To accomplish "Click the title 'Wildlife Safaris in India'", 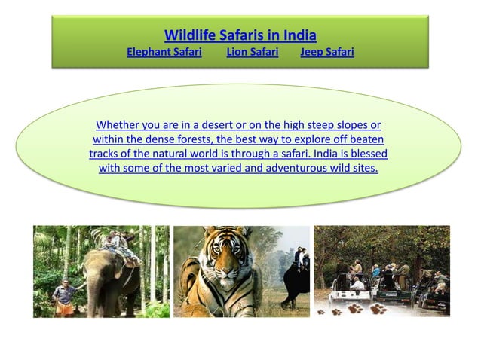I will pos(240,35).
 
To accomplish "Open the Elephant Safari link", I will pos(164,52).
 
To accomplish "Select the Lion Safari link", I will pos(252,52).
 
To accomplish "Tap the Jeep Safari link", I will pos(326,52).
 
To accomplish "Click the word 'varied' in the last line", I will pos(226,168).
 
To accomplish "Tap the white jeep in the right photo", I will pos(358,289).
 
